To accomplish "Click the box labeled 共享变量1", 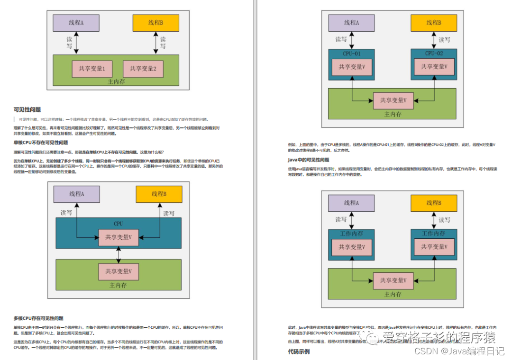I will point(92,69).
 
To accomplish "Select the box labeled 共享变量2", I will point(143,69).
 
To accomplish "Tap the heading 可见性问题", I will point(27,110).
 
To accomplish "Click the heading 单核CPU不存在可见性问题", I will point(41,143).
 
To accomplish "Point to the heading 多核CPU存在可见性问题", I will point(38,318).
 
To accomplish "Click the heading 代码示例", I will point(299,351).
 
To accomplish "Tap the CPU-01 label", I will point(351,54).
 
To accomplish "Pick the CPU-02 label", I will point(433,54).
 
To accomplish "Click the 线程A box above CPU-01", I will point(351,23).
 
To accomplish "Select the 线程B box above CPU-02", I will point(433,23).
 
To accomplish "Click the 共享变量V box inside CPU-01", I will point(351,67).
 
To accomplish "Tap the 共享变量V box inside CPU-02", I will point(433,67).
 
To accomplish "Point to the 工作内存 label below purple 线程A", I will point(351,234).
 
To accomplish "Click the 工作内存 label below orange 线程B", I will point(433,234).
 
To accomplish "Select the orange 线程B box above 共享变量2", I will point(155,23).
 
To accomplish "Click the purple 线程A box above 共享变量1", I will point(76,23).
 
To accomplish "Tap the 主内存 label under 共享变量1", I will point(116,82).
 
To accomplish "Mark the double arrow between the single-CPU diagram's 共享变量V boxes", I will point(119,254).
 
